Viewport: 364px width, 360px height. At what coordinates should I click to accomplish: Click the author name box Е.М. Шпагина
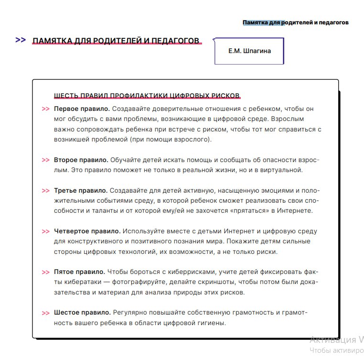pos(249,51)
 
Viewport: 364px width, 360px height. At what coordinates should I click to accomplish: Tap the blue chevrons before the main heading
pos(21,40)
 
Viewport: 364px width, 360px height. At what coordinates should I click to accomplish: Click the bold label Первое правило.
pos(82,109)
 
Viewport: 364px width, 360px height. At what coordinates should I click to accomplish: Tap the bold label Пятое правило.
pos(79,272)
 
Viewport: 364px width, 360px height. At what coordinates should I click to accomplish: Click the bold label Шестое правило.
pos(82,313)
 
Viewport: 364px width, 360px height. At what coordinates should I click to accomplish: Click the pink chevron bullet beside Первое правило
pos(45,109)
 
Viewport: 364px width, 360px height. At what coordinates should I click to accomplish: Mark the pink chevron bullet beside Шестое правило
pos(45,313)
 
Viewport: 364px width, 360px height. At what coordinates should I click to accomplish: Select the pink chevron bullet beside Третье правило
pos(45,191)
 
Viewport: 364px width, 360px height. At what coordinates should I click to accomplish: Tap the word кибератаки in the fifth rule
pos(79,282)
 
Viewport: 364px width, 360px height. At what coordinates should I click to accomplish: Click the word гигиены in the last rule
pos(209,323)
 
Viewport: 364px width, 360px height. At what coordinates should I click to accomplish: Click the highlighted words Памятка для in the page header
pos(262,22)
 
